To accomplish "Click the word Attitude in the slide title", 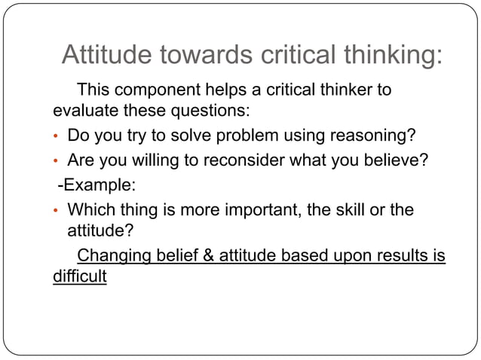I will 106,56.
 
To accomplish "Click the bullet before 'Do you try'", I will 56,137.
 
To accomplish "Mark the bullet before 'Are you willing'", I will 56,161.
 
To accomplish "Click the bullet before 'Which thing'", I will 56,210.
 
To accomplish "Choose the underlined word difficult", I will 80,276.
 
